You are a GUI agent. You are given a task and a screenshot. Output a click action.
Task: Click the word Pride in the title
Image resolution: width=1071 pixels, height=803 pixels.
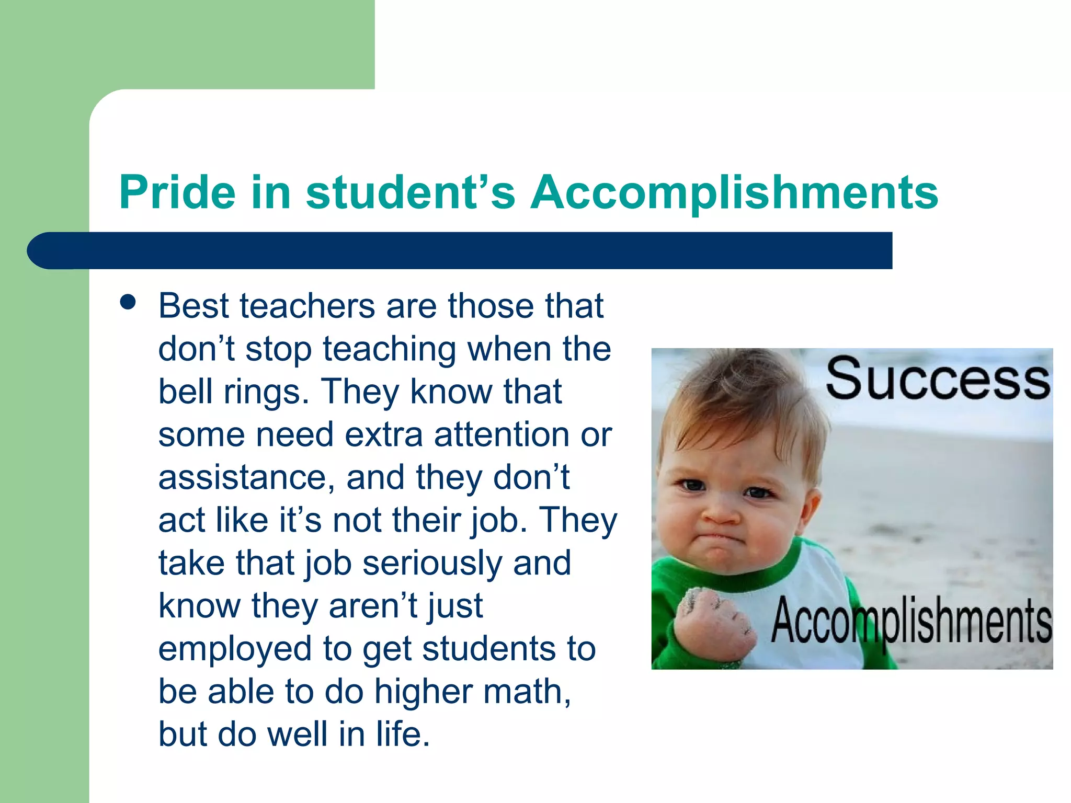click(x=177, y=192)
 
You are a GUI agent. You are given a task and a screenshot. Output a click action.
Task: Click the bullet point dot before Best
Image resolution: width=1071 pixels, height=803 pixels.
click(x=128, y=302)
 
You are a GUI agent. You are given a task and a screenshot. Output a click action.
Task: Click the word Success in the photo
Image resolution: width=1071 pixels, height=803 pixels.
click(x=937, y=379)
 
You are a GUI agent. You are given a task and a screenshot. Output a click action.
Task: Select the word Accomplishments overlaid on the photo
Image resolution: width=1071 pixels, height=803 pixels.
click(x=911, y=622)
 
